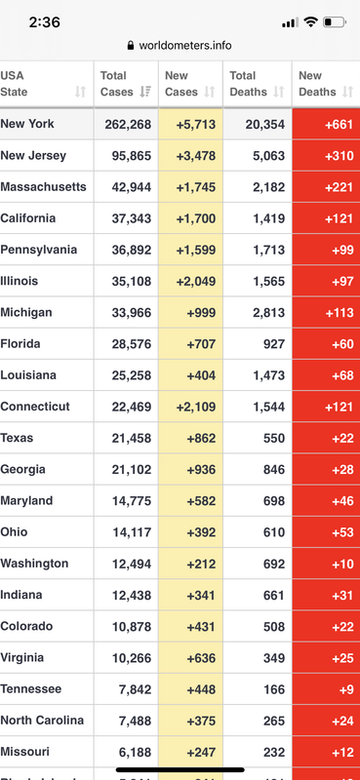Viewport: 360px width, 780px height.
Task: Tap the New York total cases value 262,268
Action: (128, 125)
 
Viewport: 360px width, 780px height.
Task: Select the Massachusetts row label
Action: (43, 187)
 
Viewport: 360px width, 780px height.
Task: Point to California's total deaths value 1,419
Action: (269, 218)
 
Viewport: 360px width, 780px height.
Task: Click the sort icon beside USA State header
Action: (80, 92)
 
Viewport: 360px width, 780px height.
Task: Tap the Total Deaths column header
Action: (249, 84)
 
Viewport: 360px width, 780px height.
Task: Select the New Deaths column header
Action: (317, 84)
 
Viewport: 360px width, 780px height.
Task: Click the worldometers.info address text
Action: (185, 45)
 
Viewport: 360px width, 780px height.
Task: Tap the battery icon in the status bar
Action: (334, 21)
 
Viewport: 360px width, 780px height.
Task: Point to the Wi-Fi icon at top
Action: (310, 21)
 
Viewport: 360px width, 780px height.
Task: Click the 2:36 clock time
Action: (44, 22)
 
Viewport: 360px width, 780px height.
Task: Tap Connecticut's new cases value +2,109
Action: (196, 407)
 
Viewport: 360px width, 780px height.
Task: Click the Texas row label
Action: (17, 438)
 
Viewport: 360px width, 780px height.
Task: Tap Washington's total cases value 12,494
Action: (132, 564)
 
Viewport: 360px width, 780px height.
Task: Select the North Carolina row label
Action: (42, 721)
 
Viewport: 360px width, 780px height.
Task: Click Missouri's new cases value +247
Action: (201, 752)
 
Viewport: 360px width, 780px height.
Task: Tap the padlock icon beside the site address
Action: (131, 45)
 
